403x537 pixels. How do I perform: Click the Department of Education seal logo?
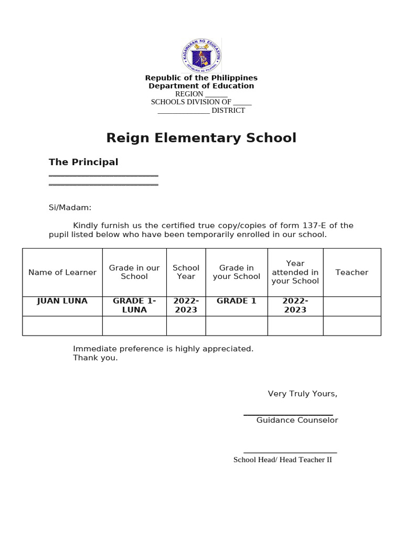pos(201,55)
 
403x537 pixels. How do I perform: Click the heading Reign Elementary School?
pos(201,138)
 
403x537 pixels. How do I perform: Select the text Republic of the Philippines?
pos(201,78)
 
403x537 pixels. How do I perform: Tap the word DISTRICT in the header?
pos(228,110)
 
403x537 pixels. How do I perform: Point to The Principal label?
pos(83,162)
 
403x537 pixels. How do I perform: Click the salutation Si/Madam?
pos(70,208)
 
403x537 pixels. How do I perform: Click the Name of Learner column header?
pos(62,272)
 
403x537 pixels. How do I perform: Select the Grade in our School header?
pos(134,272)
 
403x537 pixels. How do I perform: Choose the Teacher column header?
pos(352,272)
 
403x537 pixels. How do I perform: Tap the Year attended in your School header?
pos(295,272)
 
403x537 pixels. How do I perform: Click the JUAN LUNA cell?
pos(62,301)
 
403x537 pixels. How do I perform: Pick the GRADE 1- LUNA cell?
pos(134,305)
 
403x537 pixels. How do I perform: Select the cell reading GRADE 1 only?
pos(236,301)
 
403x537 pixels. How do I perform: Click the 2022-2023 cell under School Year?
pos(186,305)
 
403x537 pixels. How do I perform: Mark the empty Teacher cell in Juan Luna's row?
pos(352,306)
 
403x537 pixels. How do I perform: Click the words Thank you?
pos(96,358)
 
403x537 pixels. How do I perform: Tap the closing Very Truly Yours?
pos(302,394)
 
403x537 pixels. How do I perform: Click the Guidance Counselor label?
pos(297,420)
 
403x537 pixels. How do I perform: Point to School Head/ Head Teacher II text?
pos(282,460)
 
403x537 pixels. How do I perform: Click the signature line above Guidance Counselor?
pos(288,414)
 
